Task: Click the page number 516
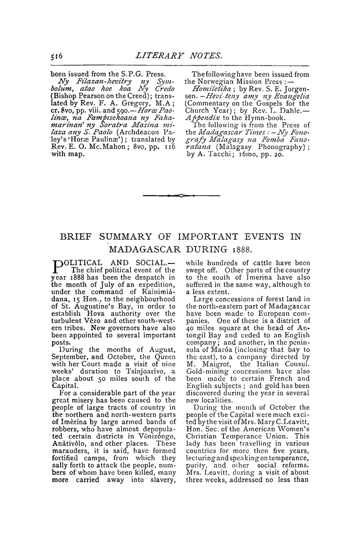pyautogui.click(x=59, y=56)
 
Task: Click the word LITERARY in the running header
pyautogui.click(x=168, y=56)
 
